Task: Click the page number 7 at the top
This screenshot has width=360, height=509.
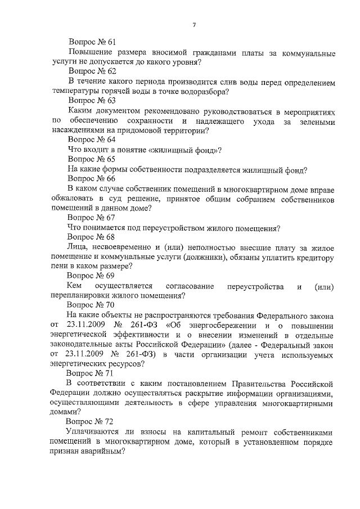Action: point(193,24)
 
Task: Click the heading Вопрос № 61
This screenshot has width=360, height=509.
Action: point(92,42)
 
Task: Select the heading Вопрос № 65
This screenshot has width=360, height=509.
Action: point(91,159)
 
